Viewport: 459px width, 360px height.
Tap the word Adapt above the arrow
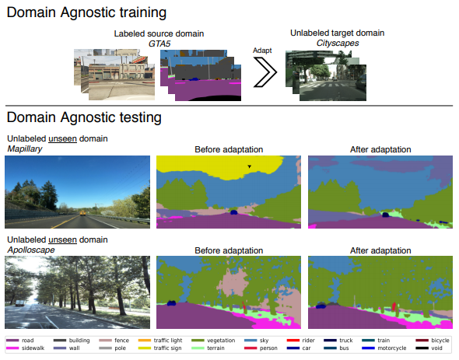[262, 51]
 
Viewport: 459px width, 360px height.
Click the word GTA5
[159, 44]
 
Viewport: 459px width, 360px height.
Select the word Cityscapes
[338, 44]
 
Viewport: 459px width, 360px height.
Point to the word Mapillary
[25, 149]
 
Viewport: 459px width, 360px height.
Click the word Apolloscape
[31, 250]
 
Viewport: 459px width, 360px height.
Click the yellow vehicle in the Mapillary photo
[82, 213]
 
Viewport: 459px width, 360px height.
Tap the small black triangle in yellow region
[250, 166]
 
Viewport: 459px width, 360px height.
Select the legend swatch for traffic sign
[145, 348]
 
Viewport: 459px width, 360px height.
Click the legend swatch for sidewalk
[12, 348]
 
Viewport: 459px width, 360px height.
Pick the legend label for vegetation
[221, 341]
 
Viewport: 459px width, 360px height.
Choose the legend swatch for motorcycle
[368, 348]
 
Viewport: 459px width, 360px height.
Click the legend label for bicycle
[440, 341]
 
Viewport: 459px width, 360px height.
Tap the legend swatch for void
[422, 348]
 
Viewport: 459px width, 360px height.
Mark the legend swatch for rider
[293, 341]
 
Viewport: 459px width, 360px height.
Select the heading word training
[143, 13]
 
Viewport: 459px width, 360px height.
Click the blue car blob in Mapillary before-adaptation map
[233, 212]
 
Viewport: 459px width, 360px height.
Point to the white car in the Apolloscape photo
[19, 303]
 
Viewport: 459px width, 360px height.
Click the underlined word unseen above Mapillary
[63, 138]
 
